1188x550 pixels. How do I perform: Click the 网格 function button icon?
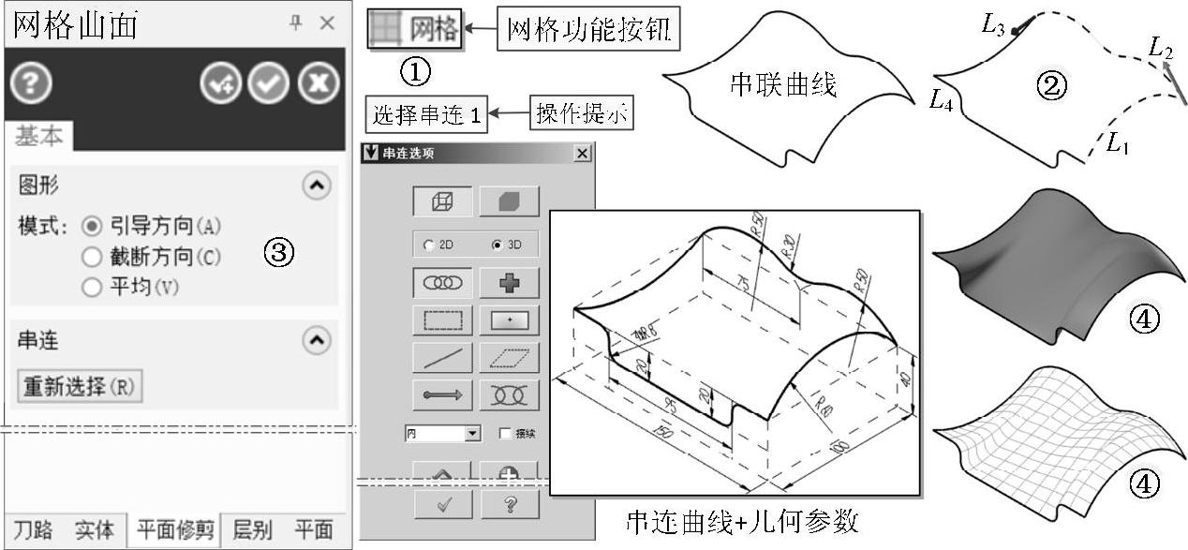[x=414, y=30]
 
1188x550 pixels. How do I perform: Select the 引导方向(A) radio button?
[x=92, y=226]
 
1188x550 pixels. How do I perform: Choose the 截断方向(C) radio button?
[x=92, y=257]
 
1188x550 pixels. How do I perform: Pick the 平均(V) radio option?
[x=92, y=288]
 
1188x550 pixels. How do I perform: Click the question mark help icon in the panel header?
[x=31, y=85]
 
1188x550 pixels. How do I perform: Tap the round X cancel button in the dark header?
[x=318, y=85]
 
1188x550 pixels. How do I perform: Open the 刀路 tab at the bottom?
[x=32, y=530]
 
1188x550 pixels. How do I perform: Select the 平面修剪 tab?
[x=175, y=530]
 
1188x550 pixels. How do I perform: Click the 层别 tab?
[x=251, y=530]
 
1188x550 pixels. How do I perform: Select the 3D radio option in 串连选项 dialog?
[x=497, y=245]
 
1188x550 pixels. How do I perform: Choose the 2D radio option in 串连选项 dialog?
[x=429, y=245]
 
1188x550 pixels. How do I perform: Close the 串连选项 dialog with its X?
[x=583, y=154]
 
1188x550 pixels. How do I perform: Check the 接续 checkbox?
[x=506, y=434]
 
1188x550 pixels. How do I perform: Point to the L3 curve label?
[x=993, y=25]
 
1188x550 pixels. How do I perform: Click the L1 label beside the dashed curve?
[x=1118, y=142]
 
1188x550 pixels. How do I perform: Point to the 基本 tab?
[x=38, y=137]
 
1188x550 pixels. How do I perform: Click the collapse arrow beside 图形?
[x=318, y=186]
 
